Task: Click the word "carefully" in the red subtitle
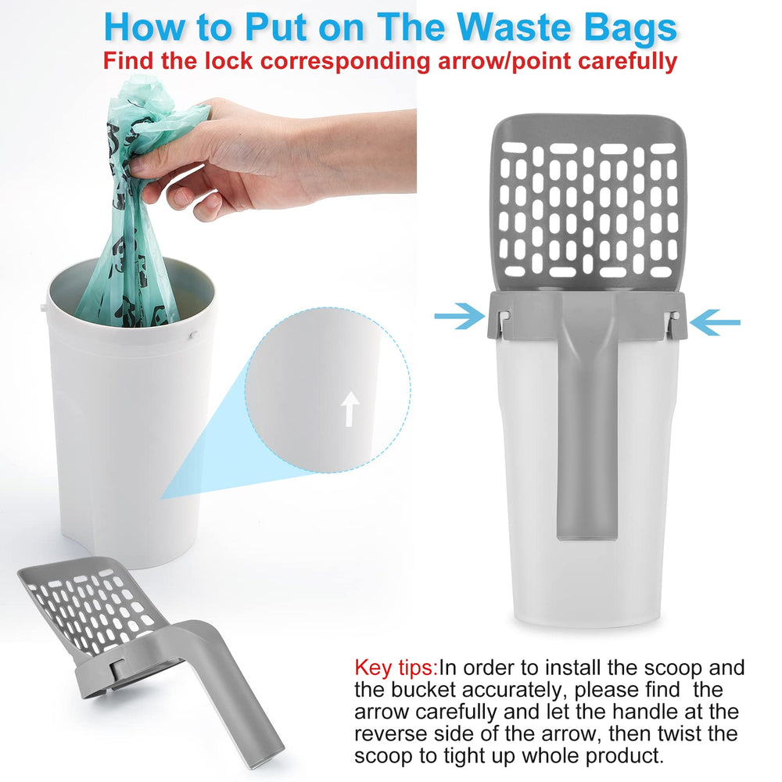[628, 62]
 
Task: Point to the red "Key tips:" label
[396, 668]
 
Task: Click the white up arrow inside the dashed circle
[350, 409]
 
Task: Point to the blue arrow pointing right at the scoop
[459, 316]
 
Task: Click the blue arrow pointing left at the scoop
[716, 322]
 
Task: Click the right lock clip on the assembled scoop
[674, 323]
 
